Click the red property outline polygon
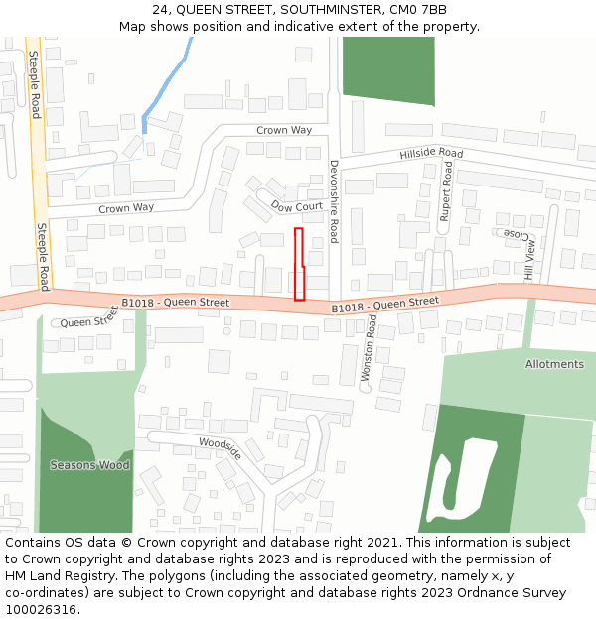[x=299, y=263]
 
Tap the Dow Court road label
[x=297, y=207]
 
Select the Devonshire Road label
[x=334, y=201]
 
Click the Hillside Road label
[x=431, y=154]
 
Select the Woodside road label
[x=220, y=447]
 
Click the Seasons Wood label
[x=89, y=465]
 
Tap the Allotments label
[x=554, y=364]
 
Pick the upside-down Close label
[x=516, y=234]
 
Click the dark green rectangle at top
[x=387, y=70]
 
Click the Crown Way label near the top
[x=284, y=130]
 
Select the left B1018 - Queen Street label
[x=176, y=303]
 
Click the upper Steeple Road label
[x=35, y=84]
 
